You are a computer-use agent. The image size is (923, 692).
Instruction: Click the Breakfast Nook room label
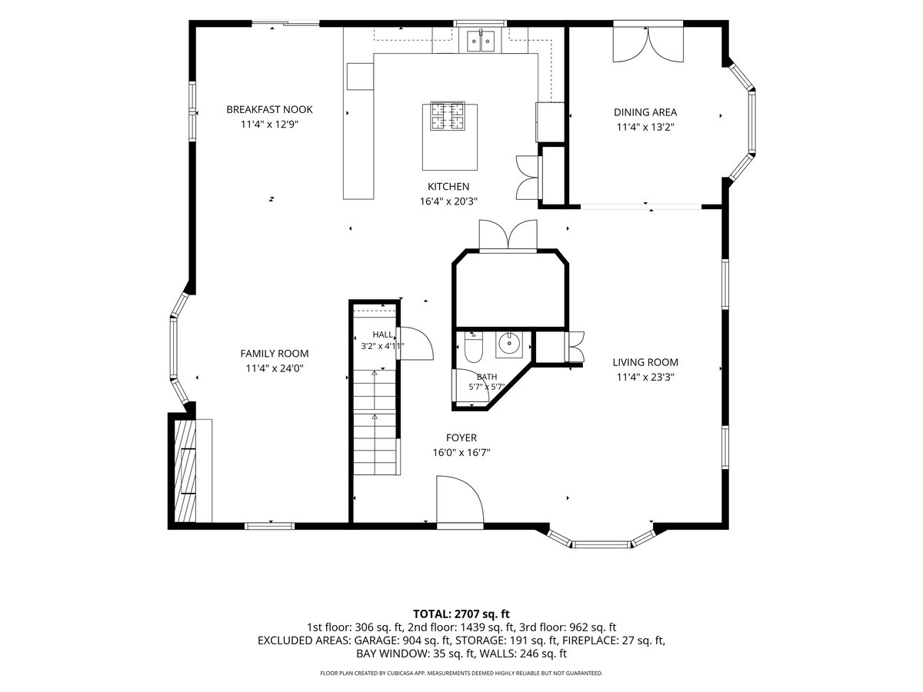pos(269,110)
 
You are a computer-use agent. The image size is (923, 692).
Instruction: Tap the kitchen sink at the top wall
pos(481,41)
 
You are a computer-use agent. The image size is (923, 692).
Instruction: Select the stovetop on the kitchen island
pos(448,116)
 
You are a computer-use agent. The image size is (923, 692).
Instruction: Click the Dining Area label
pos(645,112)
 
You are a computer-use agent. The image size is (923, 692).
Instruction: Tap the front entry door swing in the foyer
pos(460,500)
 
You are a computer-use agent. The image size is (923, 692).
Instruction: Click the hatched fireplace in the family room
pos(185,471)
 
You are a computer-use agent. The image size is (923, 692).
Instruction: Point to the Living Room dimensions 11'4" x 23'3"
pos(645,378)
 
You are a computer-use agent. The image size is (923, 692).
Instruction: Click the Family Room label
pos(274,354)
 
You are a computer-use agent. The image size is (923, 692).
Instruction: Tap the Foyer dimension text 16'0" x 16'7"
pos(461,453)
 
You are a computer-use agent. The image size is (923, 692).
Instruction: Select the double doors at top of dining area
pos(648,45)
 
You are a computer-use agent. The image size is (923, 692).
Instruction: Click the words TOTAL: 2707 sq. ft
pos(461,614)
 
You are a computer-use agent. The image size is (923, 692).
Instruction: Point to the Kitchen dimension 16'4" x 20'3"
pos(448,201)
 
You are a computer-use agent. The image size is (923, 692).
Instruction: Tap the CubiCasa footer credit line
pos(461,673)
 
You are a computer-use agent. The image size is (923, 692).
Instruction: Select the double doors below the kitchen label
pos(508,235)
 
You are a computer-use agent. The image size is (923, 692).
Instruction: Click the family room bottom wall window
pos(269,526)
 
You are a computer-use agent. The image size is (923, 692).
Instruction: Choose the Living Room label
pos(645,363)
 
